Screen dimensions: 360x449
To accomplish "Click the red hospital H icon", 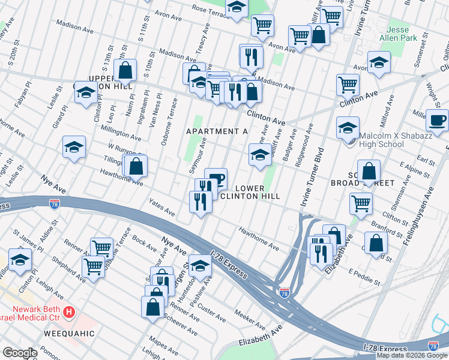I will [70, 312].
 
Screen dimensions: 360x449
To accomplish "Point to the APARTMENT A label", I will [217, 131].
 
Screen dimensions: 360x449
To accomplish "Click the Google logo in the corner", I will [20, 353].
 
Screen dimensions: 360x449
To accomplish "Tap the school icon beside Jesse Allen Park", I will [379, 62].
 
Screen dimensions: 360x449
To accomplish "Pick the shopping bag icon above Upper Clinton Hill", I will [125, 70].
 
